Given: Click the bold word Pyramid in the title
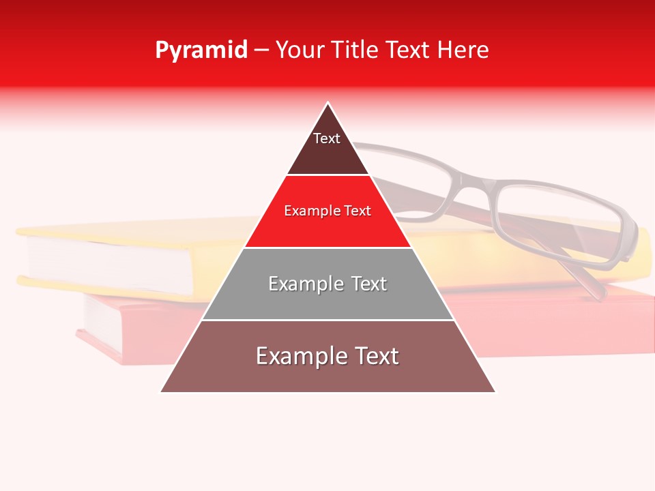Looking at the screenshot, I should coord(201,50).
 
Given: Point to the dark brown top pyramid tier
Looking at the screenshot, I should coord(327,153).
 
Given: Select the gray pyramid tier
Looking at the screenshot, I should coord(327,300).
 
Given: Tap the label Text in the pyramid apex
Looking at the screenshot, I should coord(327,138).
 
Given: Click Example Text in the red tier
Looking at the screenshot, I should coord(327,211).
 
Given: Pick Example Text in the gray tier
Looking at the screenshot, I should coord(327,284).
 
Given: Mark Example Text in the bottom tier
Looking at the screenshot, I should coord(327,356).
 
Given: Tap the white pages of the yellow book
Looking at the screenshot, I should coord(109,266).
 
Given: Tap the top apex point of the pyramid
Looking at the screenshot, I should coord(328,104).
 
